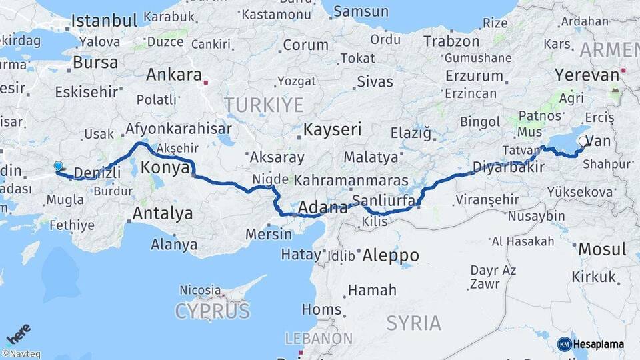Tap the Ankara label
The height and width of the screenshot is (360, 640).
point(173,74)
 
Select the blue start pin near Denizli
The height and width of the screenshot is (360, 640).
point(58,167)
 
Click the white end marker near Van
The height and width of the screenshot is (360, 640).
point(584,141)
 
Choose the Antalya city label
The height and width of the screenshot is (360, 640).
point(163,214)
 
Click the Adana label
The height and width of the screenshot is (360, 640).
point(323,207)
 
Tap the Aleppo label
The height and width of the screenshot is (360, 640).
point(390,255)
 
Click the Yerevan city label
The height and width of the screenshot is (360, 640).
point(587,75)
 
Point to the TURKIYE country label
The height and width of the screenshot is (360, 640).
point(263,105)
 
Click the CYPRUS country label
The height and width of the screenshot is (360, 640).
point(212,311)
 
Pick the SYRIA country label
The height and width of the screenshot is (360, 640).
point(413,323)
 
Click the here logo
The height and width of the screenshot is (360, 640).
point(19,333)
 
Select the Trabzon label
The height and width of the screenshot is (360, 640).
point(451,41)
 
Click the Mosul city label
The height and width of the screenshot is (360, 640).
point(602,249)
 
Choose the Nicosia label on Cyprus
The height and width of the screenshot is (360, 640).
point(200,290)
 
